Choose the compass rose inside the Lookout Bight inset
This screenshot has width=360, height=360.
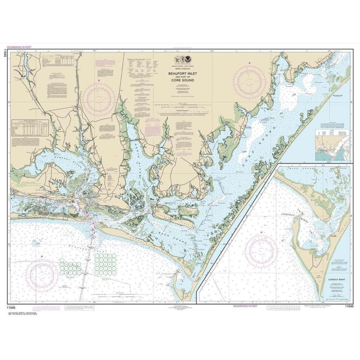tap(261, 252)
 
